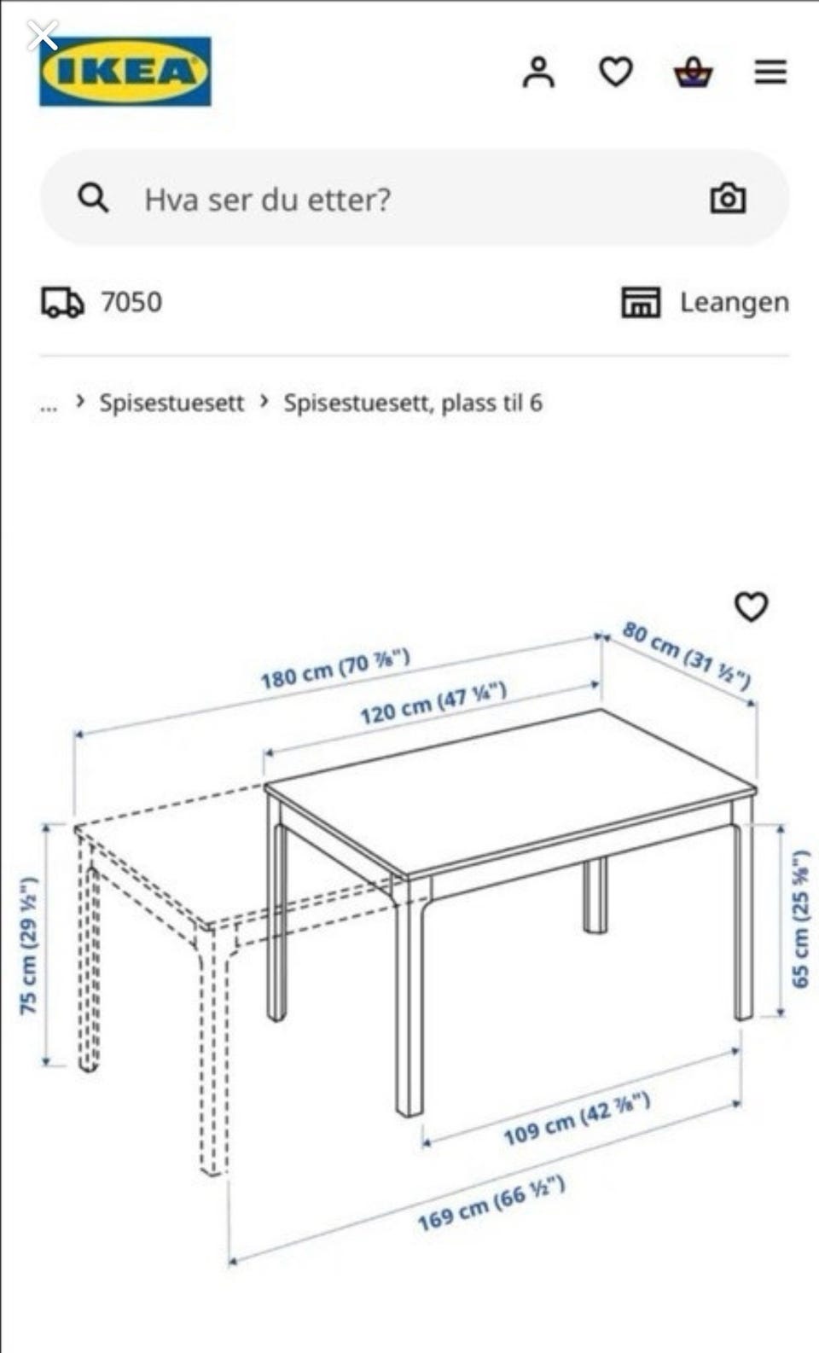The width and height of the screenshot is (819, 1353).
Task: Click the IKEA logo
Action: coord(125,71)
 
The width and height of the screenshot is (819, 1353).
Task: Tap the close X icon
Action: coord(42,36)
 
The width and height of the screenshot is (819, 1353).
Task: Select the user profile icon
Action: coord(538,72)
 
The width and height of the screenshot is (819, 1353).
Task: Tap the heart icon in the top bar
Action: coord(616,72)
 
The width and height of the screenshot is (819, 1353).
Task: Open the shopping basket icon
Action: coord(694,73)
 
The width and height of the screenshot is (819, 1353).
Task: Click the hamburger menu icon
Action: coord(770,72)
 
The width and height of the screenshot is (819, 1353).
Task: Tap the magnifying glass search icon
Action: coord(93,199)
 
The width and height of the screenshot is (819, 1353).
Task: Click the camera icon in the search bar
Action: coord(728,199)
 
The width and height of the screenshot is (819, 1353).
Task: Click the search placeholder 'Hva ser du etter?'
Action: coord(267,200)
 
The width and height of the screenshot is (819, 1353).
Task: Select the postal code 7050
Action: coord(131,302)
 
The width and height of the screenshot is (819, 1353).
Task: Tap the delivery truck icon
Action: coord(62,302)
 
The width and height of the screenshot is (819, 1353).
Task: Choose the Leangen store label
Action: coord(734,302)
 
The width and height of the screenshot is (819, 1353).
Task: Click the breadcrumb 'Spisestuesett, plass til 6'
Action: coord(413,403)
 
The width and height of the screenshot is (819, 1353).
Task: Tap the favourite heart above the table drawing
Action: coord(751,607)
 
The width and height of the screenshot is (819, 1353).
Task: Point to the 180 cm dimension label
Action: coord(335,669)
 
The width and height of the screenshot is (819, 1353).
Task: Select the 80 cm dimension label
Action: coord(687,655)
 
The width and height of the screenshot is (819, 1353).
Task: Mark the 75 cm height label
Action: coord(29,944)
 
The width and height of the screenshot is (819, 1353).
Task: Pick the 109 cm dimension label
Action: coord(577,1118)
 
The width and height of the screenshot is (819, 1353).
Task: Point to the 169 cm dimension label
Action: coord(491,1203)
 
